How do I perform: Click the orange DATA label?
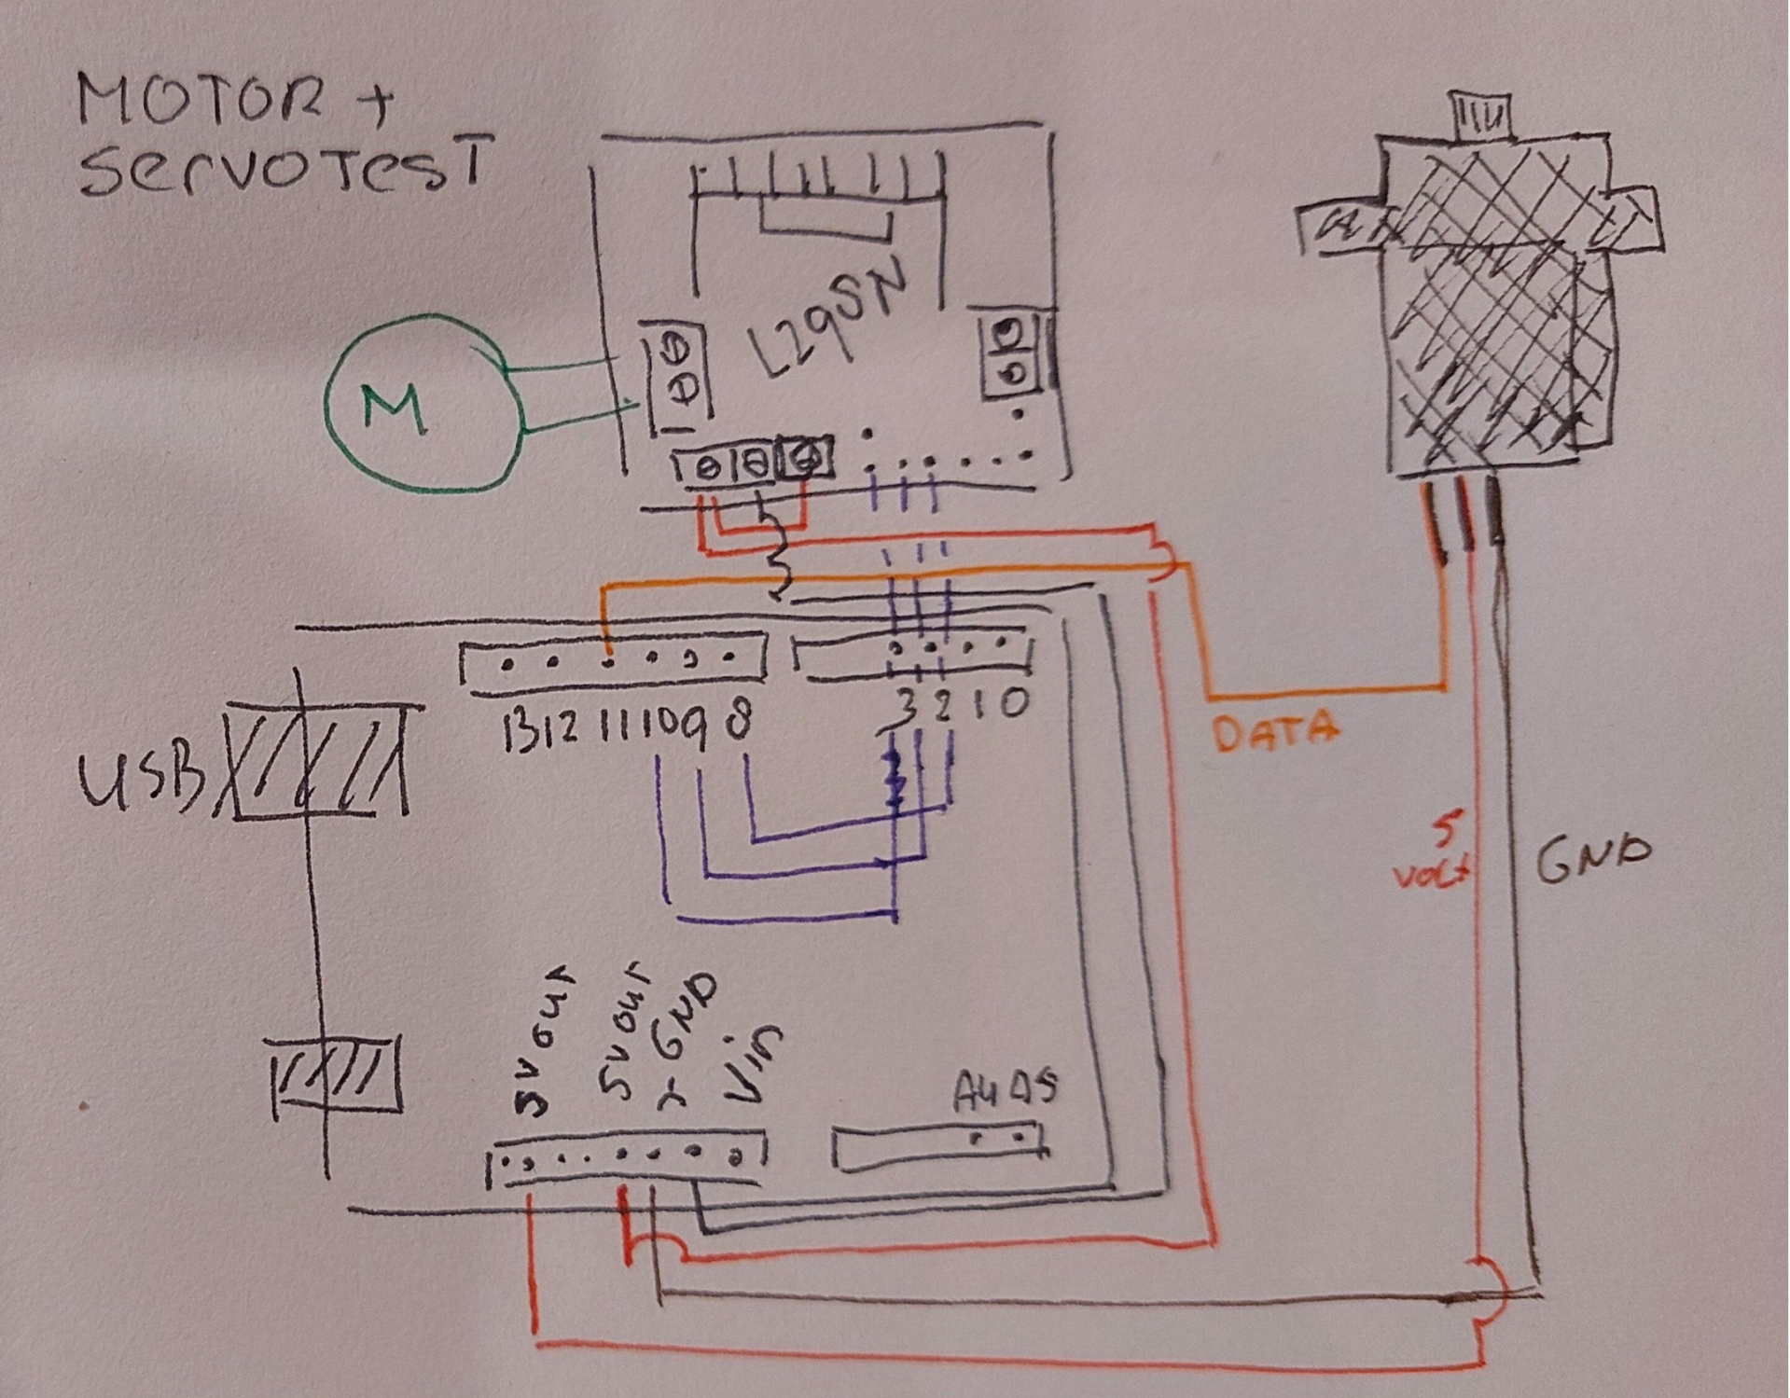[1276, 732]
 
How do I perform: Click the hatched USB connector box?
[317, 760]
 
